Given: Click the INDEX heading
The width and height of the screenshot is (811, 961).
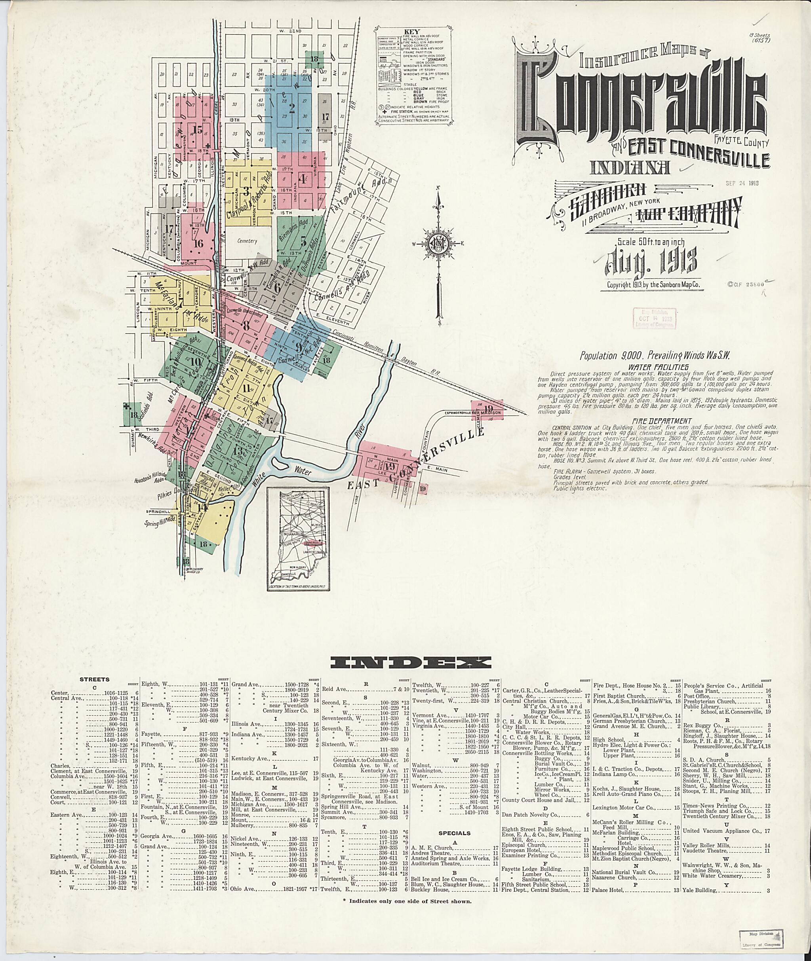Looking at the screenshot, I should [x=410, y=662].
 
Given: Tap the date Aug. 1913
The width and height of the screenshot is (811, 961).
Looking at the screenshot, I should [x=651, y=260].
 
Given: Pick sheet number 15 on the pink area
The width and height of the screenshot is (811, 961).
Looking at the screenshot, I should [x=198, y=130].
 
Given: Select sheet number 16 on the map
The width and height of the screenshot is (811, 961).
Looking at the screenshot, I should [x=198, y=243].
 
